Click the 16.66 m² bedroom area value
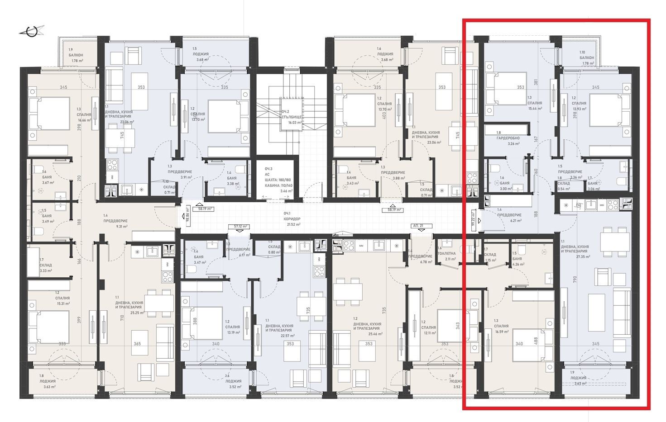point(85,120)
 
